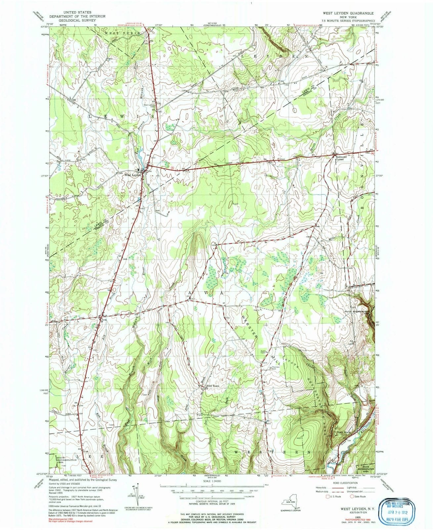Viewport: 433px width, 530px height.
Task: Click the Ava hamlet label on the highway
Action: coord(104,320)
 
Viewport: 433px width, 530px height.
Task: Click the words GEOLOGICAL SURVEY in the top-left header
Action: coord(77,20)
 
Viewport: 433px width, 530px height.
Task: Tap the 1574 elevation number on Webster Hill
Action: coord(265,363)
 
